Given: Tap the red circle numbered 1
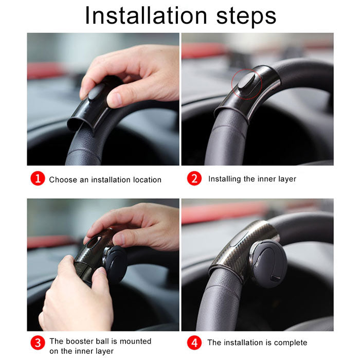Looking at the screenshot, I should (x=38, y=179).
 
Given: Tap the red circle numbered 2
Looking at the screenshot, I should (x=194, y=179).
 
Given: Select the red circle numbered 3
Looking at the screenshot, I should (x=38, y=343).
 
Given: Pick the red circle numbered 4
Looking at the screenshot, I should (x=194, y=342).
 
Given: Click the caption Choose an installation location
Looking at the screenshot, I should (x=105, y=179).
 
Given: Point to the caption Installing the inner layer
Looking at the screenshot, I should (x=252, y=179).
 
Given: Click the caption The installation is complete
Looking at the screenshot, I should (x=257, y=343).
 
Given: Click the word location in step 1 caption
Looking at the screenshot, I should (x=147, y=179).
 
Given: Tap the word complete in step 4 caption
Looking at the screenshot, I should (x=290, y=343).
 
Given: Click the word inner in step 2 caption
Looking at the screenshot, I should (x=266, y=179).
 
